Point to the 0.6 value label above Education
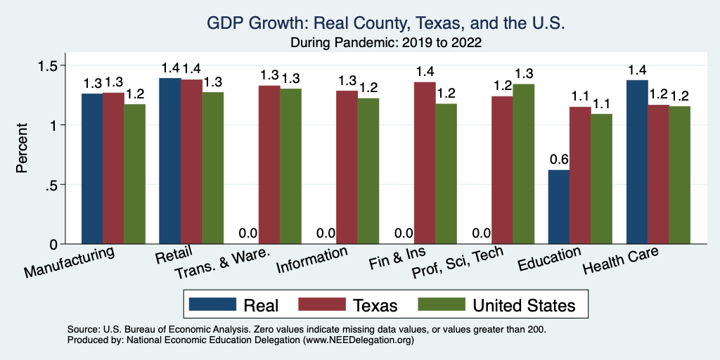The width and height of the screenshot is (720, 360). [x=558, y=159]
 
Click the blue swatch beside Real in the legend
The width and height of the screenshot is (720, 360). [x=212, y=304]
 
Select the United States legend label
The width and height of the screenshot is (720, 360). [x=524, y=305]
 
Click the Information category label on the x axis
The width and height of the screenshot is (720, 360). [x=312, y=261]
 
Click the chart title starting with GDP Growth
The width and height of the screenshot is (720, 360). [x=386, y=23]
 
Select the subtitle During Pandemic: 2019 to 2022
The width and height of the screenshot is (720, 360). [x=386, y=42]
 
